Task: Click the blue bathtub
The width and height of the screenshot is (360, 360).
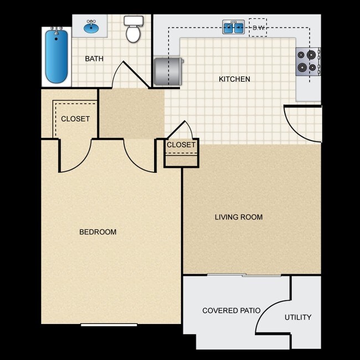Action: click(x=56, y=56)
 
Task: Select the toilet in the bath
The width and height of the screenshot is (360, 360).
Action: click(x=133, y=30)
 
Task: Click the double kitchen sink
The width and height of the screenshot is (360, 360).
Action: click(x=234, y=27)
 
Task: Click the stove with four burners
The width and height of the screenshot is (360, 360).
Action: click(x=308, y=61)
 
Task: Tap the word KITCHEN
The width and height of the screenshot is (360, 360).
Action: click(x=234, y=79)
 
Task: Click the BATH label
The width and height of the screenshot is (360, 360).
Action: click(x=94, y=59)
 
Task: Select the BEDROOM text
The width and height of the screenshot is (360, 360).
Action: click(x=98, y=232)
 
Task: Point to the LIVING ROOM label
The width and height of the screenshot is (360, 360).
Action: click(x=239, y=217)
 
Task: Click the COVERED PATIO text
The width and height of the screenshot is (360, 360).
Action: click(x=232, y=310)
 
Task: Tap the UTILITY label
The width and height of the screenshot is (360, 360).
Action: click(x=298, y=317)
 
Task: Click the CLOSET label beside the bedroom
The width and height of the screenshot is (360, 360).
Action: click(x=75, y=119)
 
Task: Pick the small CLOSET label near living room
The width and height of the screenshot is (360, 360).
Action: click(x=181, y=145)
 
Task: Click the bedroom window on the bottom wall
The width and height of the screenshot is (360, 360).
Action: click(x=109, y=325)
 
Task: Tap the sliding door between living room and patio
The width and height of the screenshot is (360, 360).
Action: click(x=244, y=275)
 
